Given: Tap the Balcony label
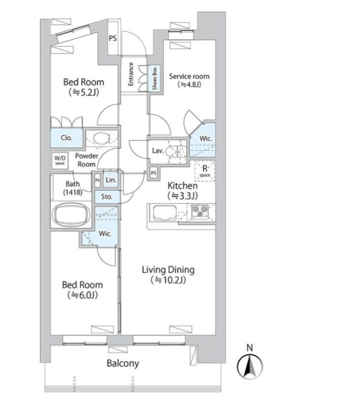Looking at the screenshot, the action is coord(123,363).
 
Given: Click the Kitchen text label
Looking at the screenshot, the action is coord(182,186).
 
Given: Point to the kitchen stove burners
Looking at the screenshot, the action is coord(200,211).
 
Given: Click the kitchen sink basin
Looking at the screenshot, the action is coord(165,213).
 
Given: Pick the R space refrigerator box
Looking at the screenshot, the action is coord(205,171).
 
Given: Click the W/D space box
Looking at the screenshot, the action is coord(60,160).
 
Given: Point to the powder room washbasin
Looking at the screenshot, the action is coord(102,138).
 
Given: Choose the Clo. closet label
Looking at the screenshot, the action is coord(66,138).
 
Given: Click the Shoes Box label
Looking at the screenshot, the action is coord(155,79).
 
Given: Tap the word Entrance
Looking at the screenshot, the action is coord(131,74).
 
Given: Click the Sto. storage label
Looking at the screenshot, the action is coord(107,196).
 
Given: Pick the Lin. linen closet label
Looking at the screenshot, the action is coord(111,180).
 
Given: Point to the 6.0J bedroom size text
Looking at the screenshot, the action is coord(82,295).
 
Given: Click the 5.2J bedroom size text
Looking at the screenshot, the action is coord(84,93).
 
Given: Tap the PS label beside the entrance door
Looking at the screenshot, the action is coord(113,38).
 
